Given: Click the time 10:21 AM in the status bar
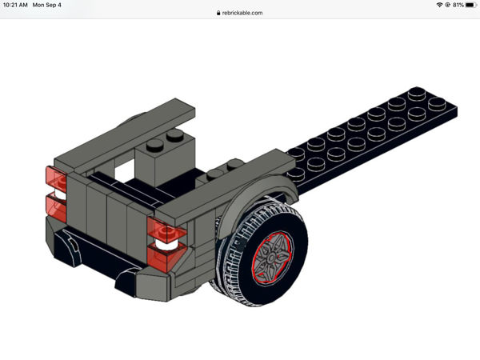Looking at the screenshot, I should [15, 5].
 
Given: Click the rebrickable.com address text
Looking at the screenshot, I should [242, 13].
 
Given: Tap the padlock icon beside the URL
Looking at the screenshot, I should [218, 13].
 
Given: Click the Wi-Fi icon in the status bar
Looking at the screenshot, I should [439, 5].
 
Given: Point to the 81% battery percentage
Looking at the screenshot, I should [458, 5].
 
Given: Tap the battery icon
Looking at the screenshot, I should [470, 5].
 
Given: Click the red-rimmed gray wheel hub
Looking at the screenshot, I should [272, 254].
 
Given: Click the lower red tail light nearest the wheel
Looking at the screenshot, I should [165, 258].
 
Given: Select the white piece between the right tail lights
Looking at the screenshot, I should [163, 245].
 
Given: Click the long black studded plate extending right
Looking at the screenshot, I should [376, 132].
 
